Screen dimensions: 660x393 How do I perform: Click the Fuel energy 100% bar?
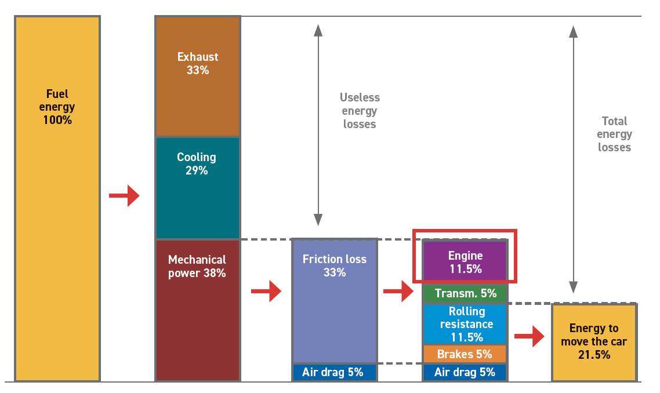pyautogui.click(x=57, y=199)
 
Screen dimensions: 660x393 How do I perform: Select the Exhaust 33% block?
pyautogui.click(x=198, y=76)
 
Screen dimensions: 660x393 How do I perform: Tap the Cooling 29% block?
pyautogui.click(x=198, y=188)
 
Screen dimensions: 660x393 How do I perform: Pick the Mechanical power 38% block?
pyautogui.click(x=198, y=311)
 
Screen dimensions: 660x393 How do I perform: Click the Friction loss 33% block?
pyautogui.click(x=335, y=301)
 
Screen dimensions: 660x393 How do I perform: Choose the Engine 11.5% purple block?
pyautogui.click(x=465, y=261)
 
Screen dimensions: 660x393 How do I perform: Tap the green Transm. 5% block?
pyautogui.click(x=465, y=293)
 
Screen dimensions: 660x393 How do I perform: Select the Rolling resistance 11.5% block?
pyautogui.click(x=465, y=324)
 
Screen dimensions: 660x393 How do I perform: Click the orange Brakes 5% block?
pyautogui.click(x=465, y=354)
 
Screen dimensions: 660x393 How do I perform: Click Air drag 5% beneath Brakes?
pyautogui.click(x=465, y=372)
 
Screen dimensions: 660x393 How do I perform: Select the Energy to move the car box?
pyautogui.click(x=594, y=343)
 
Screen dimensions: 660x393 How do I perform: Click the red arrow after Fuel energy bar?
pyautogui.click(x=124, y=196)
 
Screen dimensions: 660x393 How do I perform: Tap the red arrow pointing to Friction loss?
pyautogui.click(x=266, y=291)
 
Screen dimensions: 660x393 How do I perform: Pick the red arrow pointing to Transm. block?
pyautogui.click(x=398, y=291)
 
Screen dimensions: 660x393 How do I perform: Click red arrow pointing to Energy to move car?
pyautogui.click(x=530, y=336)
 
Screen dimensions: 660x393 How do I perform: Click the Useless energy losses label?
pyautogui.click(x=360, y=111)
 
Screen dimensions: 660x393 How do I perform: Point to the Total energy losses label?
pyautogui.click(x=615, y=134)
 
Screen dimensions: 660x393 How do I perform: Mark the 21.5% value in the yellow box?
pyautogui.click(x=594, y=355)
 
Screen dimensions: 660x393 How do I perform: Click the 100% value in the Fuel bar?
pyautogui.click(x=57, y=121)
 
